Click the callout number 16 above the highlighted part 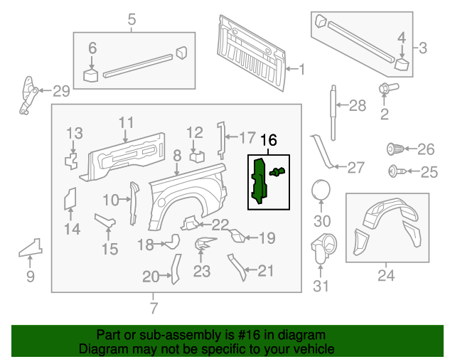268,141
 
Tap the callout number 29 61,90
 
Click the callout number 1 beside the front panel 301,69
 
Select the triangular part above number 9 30,247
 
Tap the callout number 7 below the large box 154,308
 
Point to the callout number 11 126,122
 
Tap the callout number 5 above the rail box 132,20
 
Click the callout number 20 150,277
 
